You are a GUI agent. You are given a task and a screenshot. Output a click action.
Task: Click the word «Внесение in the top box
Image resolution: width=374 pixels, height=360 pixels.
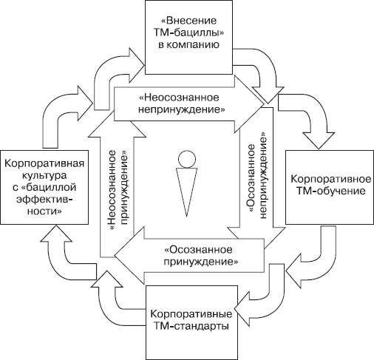[188, 21]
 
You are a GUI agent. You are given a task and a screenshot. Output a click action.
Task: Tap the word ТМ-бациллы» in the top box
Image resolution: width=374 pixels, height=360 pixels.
[188, 33]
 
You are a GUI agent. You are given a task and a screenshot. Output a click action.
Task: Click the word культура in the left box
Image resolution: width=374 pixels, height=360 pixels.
[44, 176]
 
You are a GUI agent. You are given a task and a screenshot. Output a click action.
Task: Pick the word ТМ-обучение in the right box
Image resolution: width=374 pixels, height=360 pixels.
[330, 191]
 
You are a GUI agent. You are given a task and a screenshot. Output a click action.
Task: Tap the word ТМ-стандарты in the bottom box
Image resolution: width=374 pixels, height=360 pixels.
[191, 326]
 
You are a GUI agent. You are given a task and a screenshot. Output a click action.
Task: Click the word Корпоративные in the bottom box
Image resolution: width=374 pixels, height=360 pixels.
[191, 314]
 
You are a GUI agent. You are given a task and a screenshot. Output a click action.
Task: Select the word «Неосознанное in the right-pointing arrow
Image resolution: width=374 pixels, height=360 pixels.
[179, 98]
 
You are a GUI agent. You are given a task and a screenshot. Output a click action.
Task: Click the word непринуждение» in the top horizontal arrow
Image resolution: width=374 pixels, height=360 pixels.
[182, 109]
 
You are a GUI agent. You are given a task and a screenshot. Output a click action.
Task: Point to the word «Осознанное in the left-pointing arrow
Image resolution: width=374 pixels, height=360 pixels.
[198, 250]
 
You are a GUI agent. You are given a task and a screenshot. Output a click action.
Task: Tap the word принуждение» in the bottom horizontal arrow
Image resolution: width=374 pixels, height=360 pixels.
[201, 262]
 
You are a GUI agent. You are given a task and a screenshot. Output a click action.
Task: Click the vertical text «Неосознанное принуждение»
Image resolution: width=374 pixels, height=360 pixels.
[118, 189]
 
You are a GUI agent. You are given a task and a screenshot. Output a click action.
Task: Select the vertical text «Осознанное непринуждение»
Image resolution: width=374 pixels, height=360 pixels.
[256, 176]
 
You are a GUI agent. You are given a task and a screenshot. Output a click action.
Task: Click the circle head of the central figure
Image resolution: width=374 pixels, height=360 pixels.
[187, 160]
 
